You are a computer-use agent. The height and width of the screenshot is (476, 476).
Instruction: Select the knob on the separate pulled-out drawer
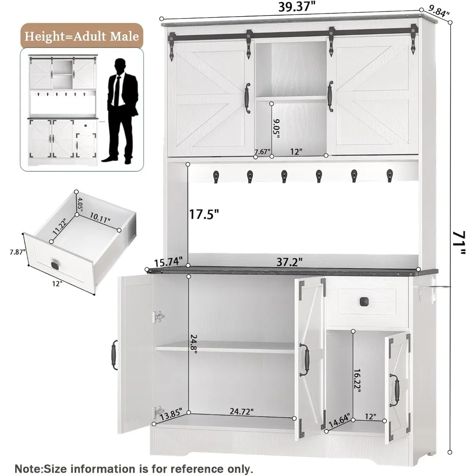(x=56, y=265)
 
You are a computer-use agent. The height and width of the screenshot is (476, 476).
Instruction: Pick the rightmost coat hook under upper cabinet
(x=389, y=175)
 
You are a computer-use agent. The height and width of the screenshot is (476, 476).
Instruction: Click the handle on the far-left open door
(x=114, y=355)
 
